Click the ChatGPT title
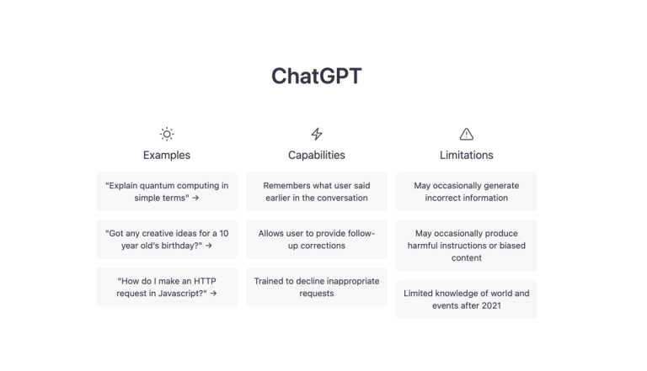point(317,77)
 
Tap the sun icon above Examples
point(167,134)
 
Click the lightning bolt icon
point(317,134)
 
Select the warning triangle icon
point(466,134)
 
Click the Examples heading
point(167,155)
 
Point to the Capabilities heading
point(317,155)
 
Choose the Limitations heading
point(466,155)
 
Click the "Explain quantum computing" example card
point(167,192)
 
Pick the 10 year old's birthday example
point(167,240)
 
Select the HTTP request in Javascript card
point(167,288)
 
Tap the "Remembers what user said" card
point(317,192)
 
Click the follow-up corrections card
point(317,240)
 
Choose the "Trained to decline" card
point(317,288)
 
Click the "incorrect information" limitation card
point(467,192)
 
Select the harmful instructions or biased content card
point(467,246)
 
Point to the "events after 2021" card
point(467,299)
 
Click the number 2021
point(491,306)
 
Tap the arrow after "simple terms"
point(195,198)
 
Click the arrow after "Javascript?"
point(213,294)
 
